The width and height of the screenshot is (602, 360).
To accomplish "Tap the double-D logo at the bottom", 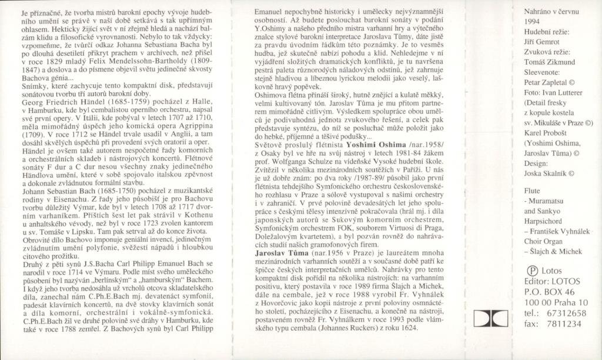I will (x=490, y=319).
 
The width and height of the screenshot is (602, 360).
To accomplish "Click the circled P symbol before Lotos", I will (x=529, y=270).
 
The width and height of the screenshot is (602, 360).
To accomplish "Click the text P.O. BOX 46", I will (x=548, y=292).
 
